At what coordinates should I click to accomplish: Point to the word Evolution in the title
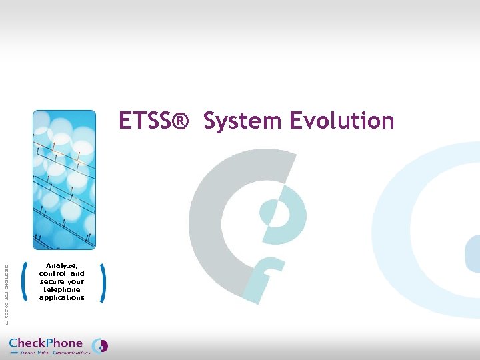(x=342, y=121)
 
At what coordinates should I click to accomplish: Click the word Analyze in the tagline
(x=61, y=266)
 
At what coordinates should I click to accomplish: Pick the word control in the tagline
(x=53, y=274)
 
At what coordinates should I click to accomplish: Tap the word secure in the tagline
(x=53, y=282)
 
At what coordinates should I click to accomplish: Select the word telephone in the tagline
(x=62, y=290)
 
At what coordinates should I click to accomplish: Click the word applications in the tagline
(x=62, y=298)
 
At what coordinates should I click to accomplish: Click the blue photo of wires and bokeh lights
(x=64, y=180)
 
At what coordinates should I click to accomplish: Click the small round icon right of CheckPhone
(x=100, y=345)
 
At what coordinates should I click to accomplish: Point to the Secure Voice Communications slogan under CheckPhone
(x=55, y=353)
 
